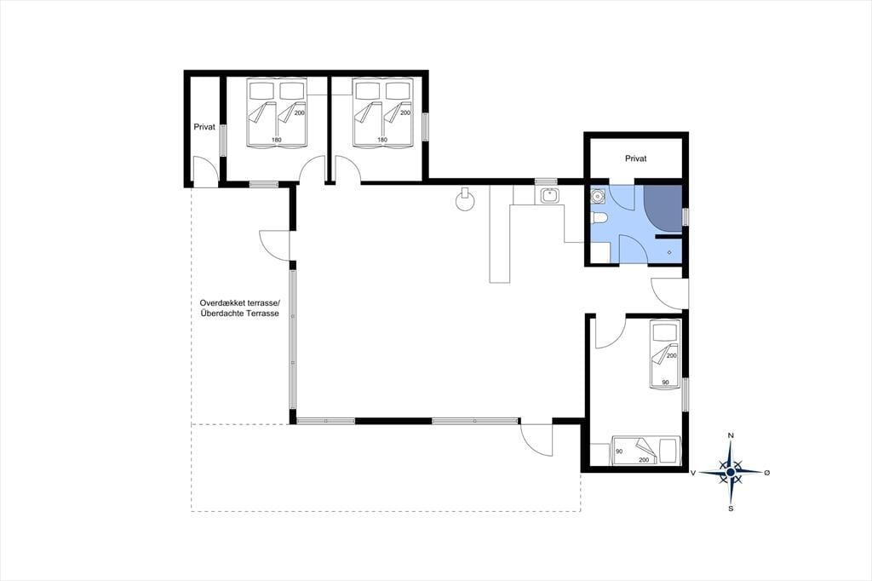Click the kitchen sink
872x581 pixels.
[x=549, y=196]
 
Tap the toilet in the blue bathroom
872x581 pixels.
[x=597, y=218]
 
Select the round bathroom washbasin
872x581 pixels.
[x=598, y=196]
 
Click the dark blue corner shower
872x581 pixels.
[x=663, y=208]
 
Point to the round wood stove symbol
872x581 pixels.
[x=464, y=200]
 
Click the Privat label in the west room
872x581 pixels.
[x=204, y=127]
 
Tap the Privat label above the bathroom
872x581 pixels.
[x=635, y=158]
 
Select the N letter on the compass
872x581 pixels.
[x=731, y=435]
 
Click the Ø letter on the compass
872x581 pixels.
[x=767, y=473]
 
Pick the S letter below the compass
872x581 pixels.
[x=731, y=508]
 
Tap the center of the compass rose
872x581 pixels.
[x=731, y=472]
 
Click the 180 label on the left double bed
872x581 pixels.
[x=277, y=140]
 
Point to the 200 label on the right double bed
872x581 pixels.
[x=405, y=113]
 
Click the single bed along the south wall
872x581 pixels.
[x=645, y=450]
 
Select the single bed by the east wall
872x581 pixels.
[x=665, y=355]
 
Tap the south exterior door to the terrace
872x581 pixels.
[x=535, y=440]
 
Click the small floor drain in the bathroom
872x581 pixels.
[x=669, y=253]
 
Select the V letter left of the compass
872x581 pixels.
[x=693, y=473]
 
